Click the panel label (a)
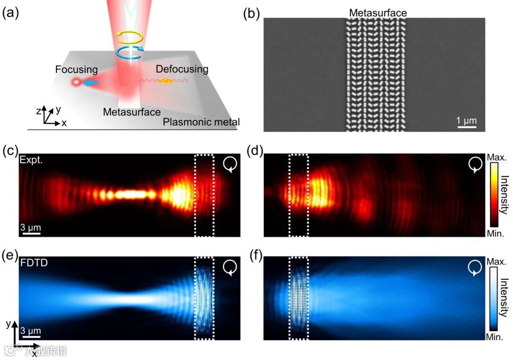tap(10, 13)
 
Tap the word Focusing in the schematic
tap(76, 70)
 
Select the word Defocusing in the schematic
tap(182, 69)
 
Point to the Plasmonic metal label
tap(201, 122)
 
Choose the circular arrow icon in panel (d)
tap(475, 164)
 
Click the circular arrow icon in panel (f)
tap(475, 268)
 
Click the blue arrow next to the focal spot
tap(90, 83)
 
